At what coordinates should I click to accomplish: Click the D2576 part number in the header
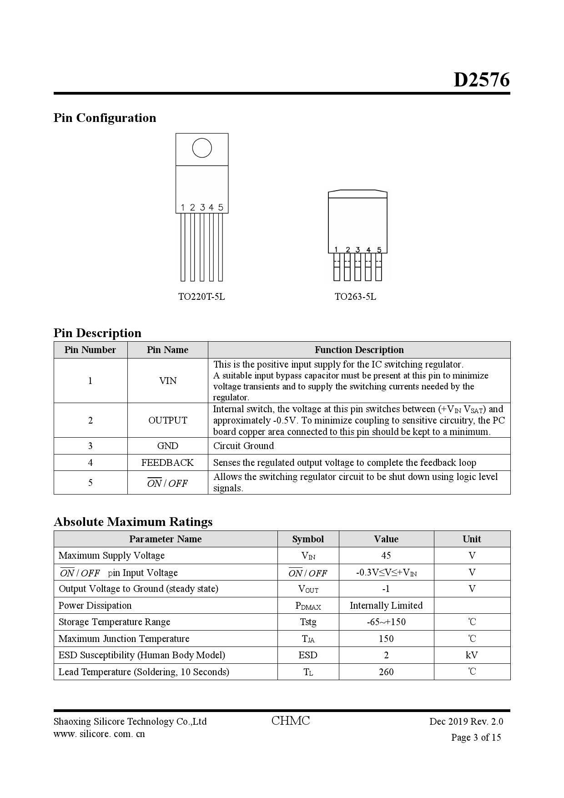click(481, 80)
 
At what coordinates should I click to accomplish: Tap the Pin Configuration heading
click(105, 118)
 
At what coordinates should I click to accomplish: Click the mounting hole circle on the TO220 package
click(202, 148)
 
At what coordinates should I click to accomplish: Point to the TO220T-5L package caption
click(201, 297)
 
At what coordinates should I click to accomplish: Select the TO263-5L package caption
click(355, 297)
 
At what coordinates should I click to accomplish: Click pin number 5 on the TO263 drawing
click(379, 250)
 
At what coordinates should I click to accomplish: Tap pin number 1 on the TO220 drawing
click(182, 207)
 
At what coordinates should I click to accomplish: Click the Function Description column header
click(359, 350)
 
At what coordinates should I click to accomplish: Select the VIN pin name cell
click(167, 381)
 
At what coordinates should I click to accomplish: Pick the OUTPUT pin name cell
click(167, 420)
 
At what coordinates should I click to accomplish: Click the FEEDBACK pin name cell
click(167, 463)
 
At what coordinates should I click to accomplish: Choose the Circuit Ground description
click(243, 446)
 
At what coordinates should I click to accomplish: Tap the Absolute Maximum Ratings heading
click(133, 522)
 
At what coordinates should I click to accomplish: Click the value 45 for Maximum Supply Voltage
click(386, 556)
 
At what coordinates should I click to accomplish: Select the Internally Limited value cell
click(386, 606)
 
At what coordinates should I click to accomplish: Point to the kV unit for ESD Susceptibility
click(472, 655)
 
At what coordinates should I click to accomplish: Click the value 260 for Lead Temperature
click(386, 672)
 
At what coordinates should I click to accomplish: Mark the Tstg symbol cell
click(308, 622)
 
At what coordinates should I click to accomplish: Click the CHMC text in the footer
click(290, 721)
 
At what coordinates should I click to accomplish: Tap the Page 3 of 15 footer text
click(476, 737)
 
